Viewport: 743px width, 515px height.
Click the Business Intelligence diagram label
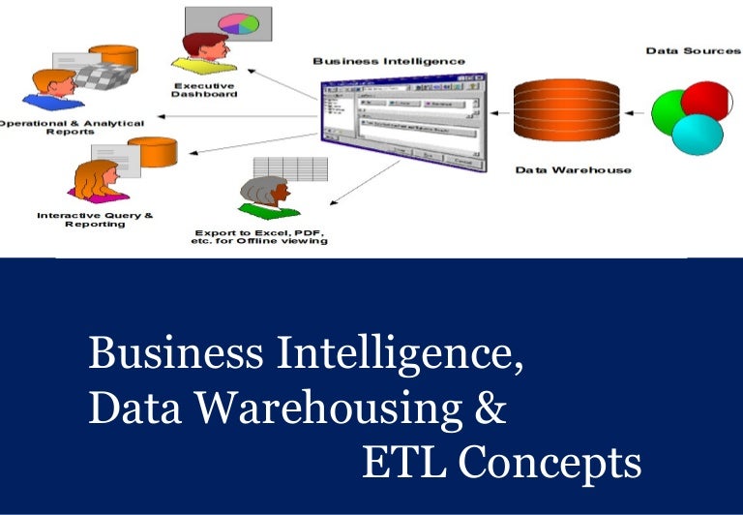[x=388, y=61]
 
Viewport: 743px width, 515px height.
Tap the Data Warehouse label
[x=573, y=170]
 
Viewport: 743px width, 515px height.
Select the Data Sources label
[x=693, y=50]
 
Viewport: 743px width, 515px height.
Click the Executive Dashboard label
[x=204, y=89]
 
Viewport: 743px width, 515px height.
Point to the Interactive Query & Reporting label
[x=95, y=219]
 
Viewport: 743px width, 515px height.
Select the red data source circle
[x=703, y=102]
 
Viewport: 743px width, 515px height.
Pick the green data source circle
[x=669, y=113]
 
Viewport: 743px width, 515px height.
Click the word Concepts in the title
[x=550, y=464]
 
